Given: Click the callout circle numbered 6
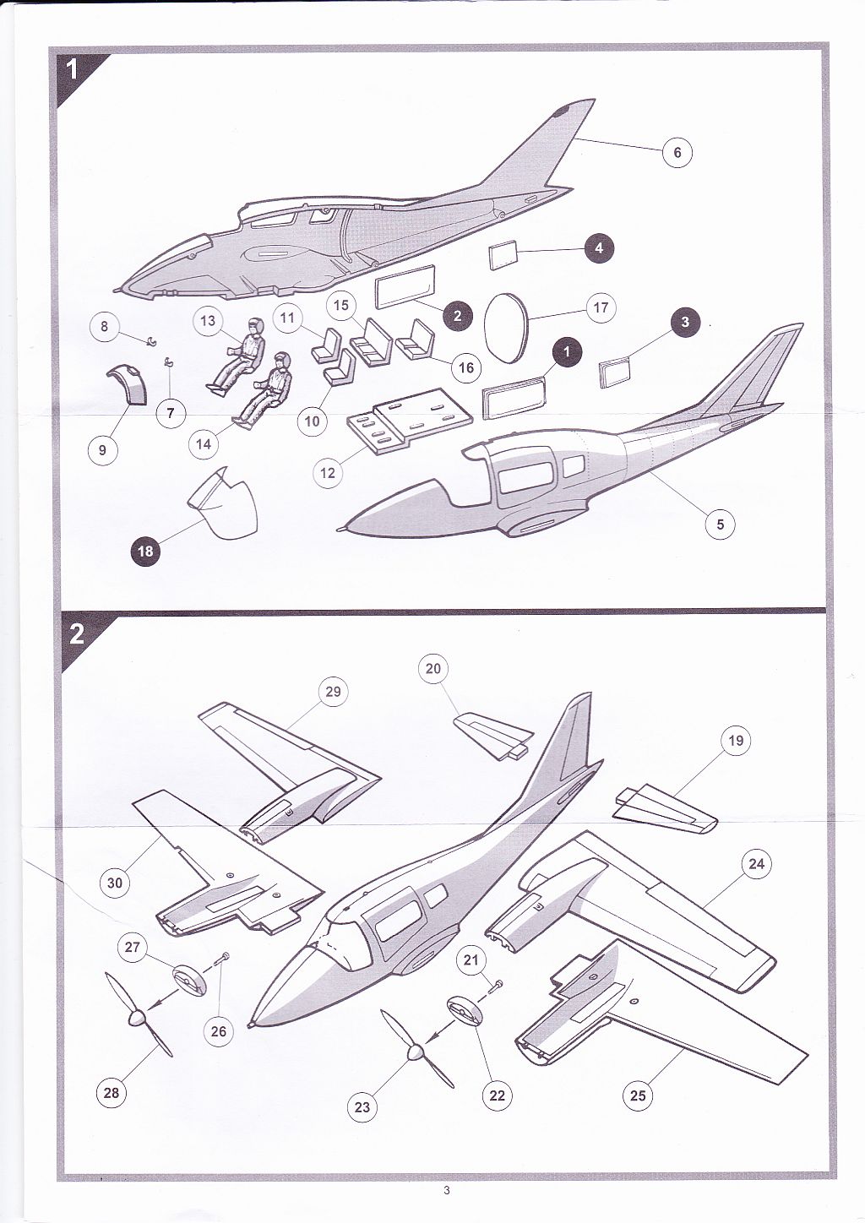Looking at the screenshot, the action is point(677,152).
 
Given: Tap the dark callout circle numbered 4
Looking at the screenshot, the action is point(599,247).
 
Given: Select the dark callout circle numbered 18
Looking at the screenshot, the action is point(145,551).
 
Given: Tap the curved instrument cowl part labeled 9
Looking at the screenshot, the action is point(128,384).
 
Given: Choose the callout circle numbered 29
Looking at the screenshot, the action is point(333,691).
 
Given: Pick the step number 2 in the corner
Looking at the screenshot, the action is point(77,635).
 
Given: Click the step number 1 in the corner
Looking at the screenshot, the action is point(72,70).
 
